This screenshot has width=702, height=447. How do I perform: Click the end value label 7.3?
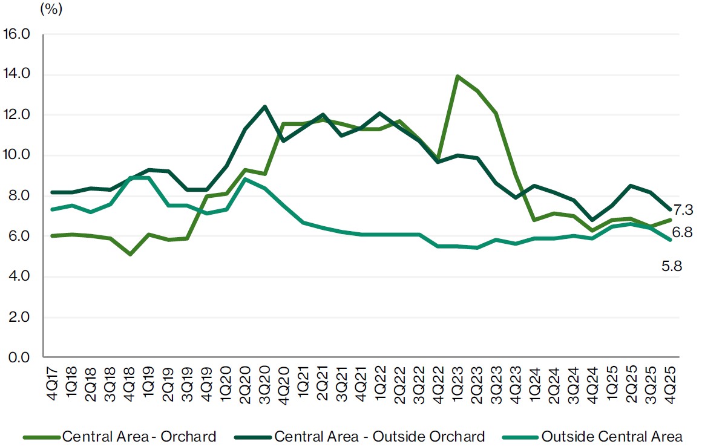pyautogui.click(x=683, y=210)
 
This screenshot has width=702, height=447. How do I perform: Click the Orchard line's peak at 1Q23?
pyautogui.click(x=458, y=76)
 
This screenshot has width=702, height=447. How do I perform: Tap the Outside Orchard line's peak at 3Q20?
pyautogui.click(x=264, y=106)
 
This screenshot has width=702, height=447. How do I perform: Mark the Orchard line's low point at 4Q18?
pyautogui.click(x=130, y=254)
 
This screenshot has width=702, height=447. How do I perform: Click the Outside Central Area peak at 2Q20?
pyautogui.click(x=245, y=179)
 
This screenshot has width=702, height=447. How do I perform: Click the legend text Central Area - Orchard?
pyautogui.click(x=139, y=436)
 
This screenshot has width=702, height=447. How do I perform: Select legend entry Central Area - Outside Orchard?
pyautogui.click(x=379, y=436)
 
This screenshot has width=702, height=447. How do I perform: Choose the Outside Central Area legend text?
pyautogui.click(x=612, y=436)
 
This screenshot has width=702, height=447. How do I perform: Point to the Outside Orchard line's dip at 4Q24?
pyautogui.click(x=592, y=220)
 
